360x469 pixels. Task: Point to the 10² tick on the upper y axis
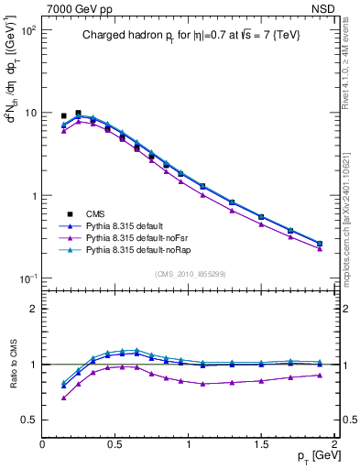(x=28, y=30)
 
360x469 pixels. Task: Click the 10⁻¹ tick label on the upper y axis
(x=27, y=278)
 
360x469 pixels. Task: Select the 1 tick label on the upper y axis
(x=32, y=196)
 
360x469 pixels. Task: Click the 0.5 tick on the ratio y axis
(x=29, y=420)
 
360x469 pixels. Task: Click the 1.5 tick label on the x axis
(x=262, y=445)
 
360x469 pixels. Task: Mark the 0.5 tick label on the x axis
(x=115, y=445)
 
